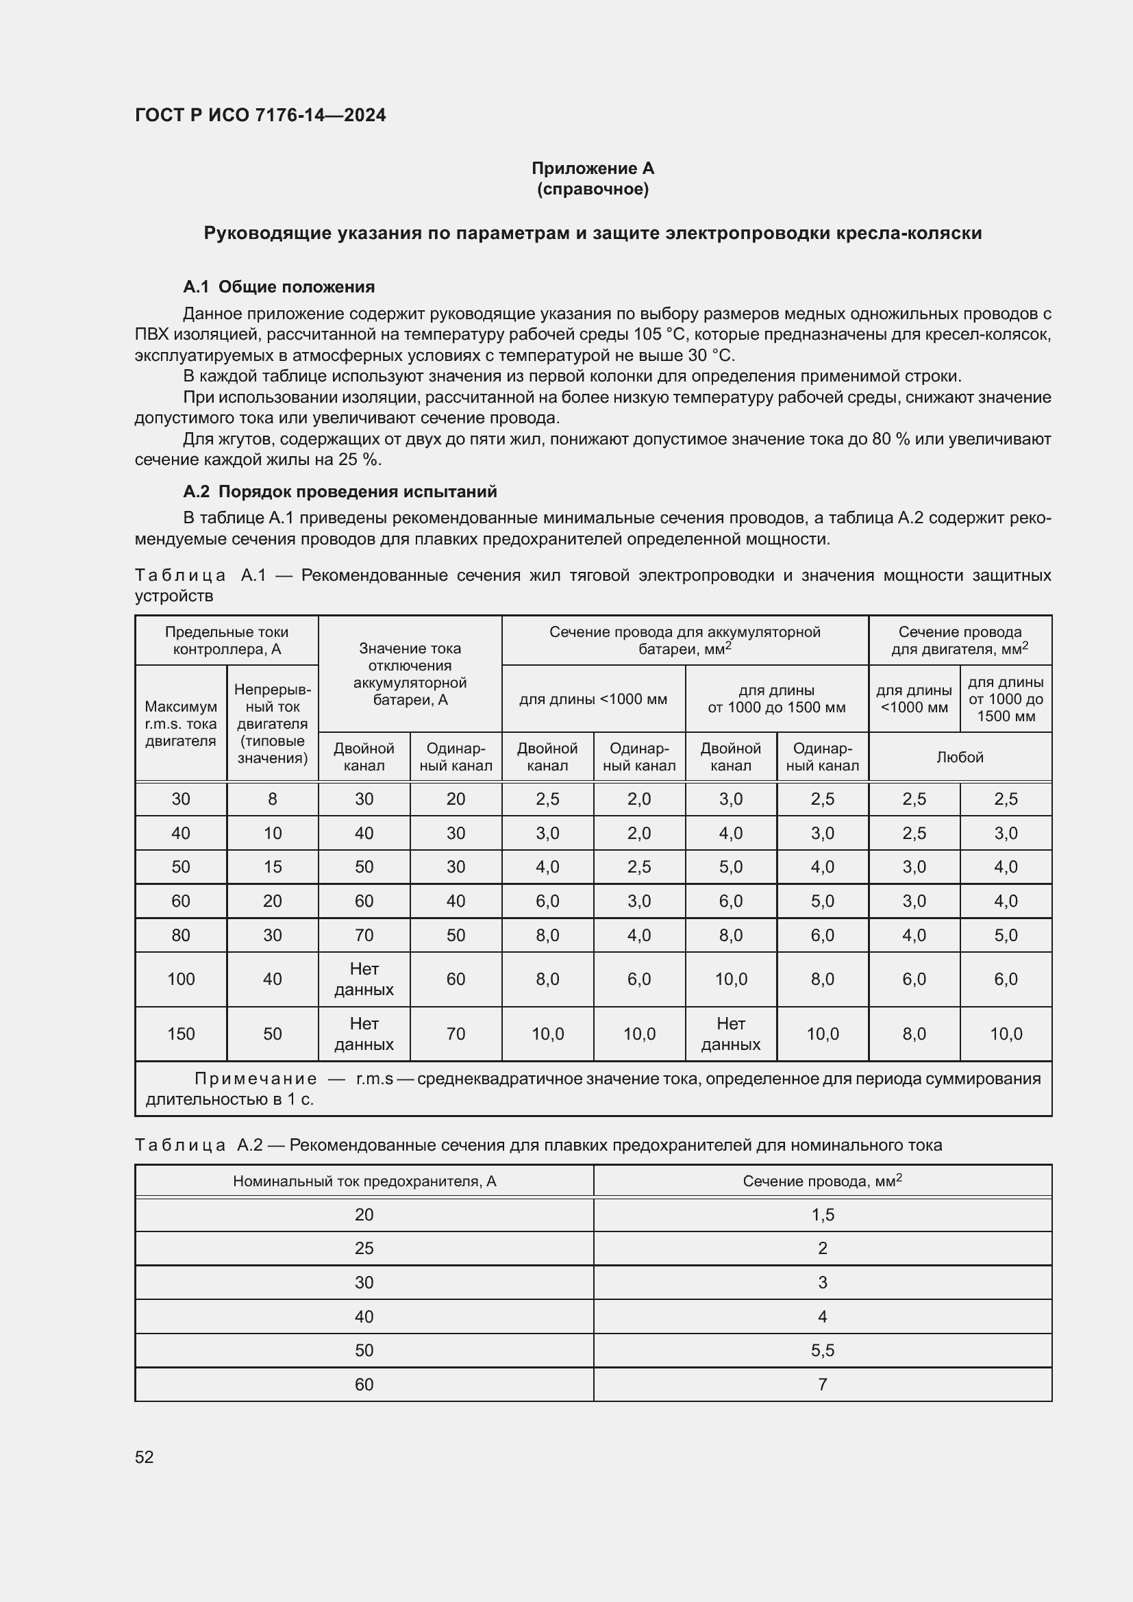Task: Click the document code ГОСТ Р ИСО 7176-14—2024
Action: [x=260, y=115]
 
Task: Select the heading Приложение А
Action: [x=593, y=168]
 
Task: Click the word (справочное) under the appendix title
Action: [x=593, y=189]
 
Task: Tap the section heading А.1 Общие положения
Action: [x=278, y=287]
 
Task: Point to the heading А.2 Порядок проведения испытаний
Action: [x=340, y=491]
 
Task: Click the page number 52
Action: [x=144, y=1457]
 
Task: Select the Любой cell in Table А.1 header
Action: [x=959, y=757]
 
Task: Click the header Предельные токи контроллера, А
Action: [x=227, y=640]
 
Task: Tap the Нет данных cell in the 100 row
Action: [x=364, y=979]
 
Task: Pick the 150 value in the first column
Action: [x=181, y=1034]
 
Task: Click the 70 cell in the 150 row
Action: [x=456, y=1034]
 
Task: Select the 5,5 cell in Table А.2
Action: [x=823, y=1350]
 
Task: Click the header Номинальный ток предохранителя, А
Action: [x=364, y=1181]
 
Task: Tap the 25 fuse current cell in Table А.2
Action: [x=364, y=1249]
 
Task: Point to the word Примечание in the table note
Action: [x=256, y=1079]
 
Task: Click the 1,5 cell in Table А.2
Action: [x=823, y=1215]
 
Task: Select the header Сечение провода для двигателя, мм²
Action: [x=959, y=640]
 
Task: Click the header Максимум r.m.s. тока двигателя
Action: [x=181, y=723]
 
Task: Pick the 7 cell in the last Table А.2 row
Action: [x=823, y=1384]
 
